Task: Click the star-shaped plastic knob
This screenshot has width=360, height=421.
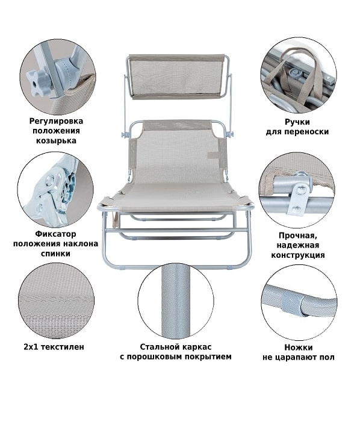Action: (37, 83)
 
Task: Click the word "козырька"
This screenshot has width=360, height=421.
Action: (56, 140)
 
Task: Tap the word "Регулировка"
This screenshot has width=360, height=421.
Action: (56, 121)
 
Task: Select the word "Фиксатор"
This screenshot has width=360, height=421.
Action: (55, 234)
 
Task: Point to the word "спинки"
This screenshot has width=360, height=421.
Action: (55, 254)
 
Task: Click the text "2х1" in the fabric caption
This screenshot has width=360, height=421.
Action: (29, 347)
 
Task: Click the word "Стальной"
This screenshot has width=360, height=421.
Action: (159, 347)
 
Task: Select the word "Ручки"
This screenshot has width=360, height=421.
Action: (297, 122)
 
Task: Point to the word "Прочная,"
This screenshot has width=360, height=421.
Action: (298, 235)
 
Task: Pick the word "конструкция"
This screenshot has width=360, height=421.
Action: (298, 255)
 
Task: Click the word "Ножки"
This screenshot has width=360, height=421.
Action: (299, 348)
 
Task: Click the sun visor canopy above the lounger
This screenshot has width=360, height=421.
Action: (177, 76)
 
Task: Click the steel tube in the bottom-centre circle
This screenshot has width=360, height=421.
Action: (176, 301)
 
